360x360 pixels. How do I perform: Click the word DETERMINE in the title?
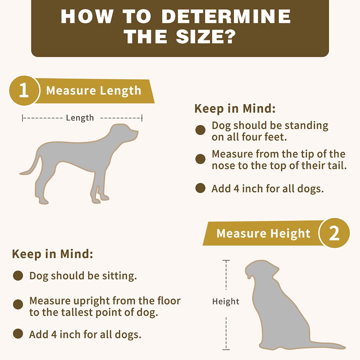[x=226, y=16]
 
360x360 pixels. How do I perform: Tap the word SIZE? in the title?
[x=206, y=36]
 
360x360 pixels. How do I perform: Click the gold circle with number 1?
[x=24, y=90]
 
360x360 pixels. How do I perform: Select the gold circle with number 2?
[x=334, y=233]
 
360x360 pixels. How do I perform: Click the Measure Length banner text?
[x=94, y=90]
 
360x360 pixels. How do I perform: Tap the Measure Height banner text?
[x=264, y=233]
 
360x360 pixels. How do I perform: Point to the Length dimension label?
[x=80, y=118]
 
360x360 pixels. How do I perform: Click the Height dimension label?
[x=226, y=301]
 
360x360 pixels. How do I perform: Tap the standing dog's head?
[x=124, y=133]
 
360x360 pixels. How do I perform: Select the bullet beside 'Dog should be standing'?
[x=200, y=130]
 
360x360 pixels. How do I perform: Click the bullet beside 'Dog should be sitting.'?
[x=18, y=275]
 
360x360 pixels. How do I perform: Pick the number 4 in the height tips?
[x=54, y=334]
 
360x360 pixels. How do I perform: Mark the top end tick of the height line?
[x=226, y=260]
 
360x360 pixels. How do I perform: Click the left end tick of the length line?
[x=22, y=118]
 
